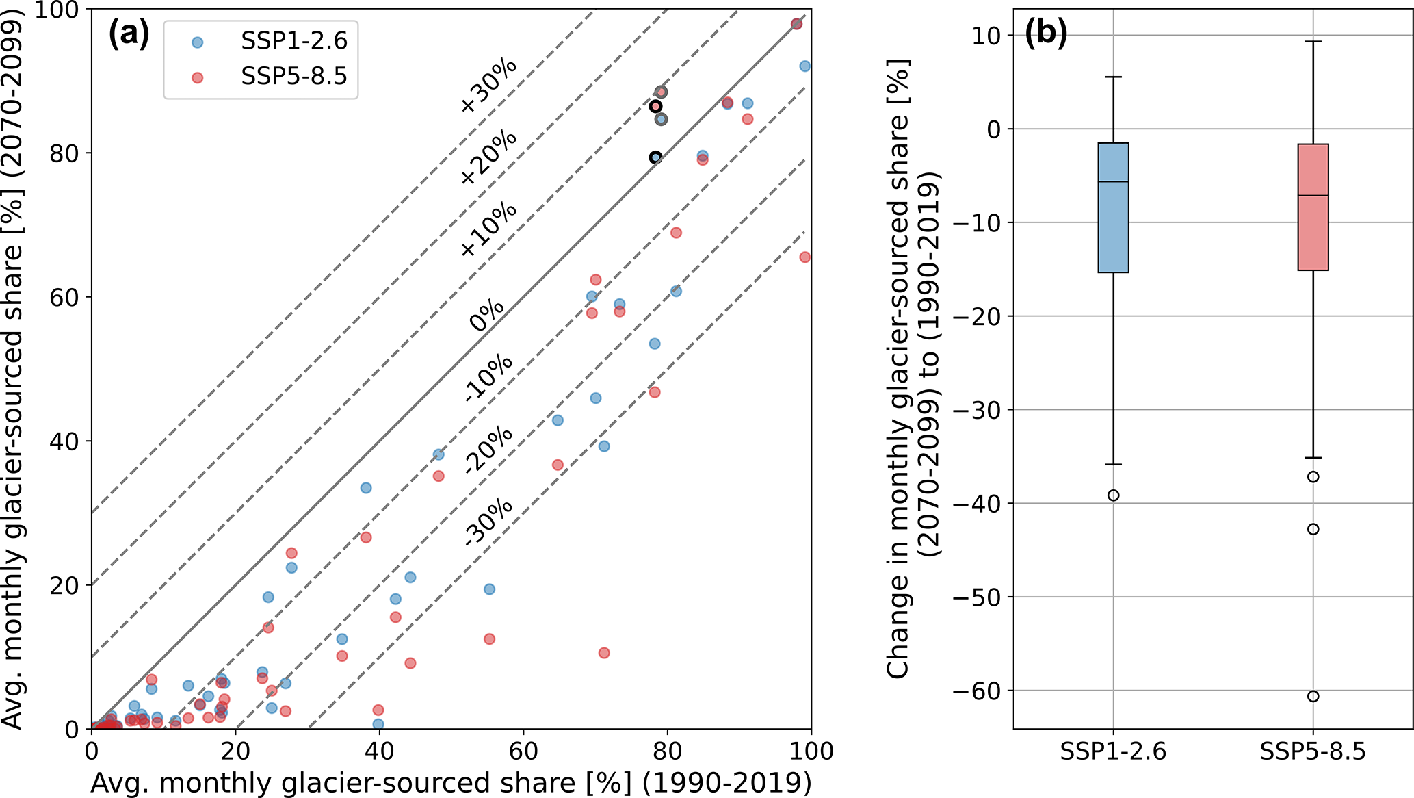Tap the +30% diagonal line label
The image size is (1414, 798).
coord(488,86)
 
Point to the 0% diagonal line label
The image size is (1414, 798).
coord(487,316)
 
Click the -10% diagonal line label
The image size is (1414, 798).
coord(488,377)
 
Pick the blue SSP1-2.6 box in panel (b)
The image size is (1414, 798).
coord(1113,207)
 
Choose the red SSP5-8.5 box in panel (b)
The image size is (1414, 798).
coord(1313,207)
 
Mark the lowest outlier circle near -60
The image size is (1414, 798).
coord(1313,696)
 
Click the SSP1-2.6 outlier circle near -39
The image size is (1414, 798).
coord(1113,495)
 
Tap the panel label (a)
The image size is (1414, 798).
coord(129,34)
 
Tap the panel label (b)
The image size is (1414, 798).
coord(1046,34)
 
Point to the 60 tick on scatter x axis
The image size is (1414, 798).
coord(523,751)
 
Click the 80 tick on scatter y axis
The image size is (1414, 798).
coord(65,153)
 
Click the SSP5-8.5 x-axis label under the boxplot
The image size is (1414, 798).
coord(1313,752)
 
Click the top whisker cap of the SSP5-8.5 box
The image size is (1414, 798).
coord(1313,42)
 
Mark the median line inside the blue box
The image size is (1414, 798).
coord(1113,182)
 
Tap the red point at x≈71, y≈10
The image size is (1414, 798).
coord(604,653)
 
